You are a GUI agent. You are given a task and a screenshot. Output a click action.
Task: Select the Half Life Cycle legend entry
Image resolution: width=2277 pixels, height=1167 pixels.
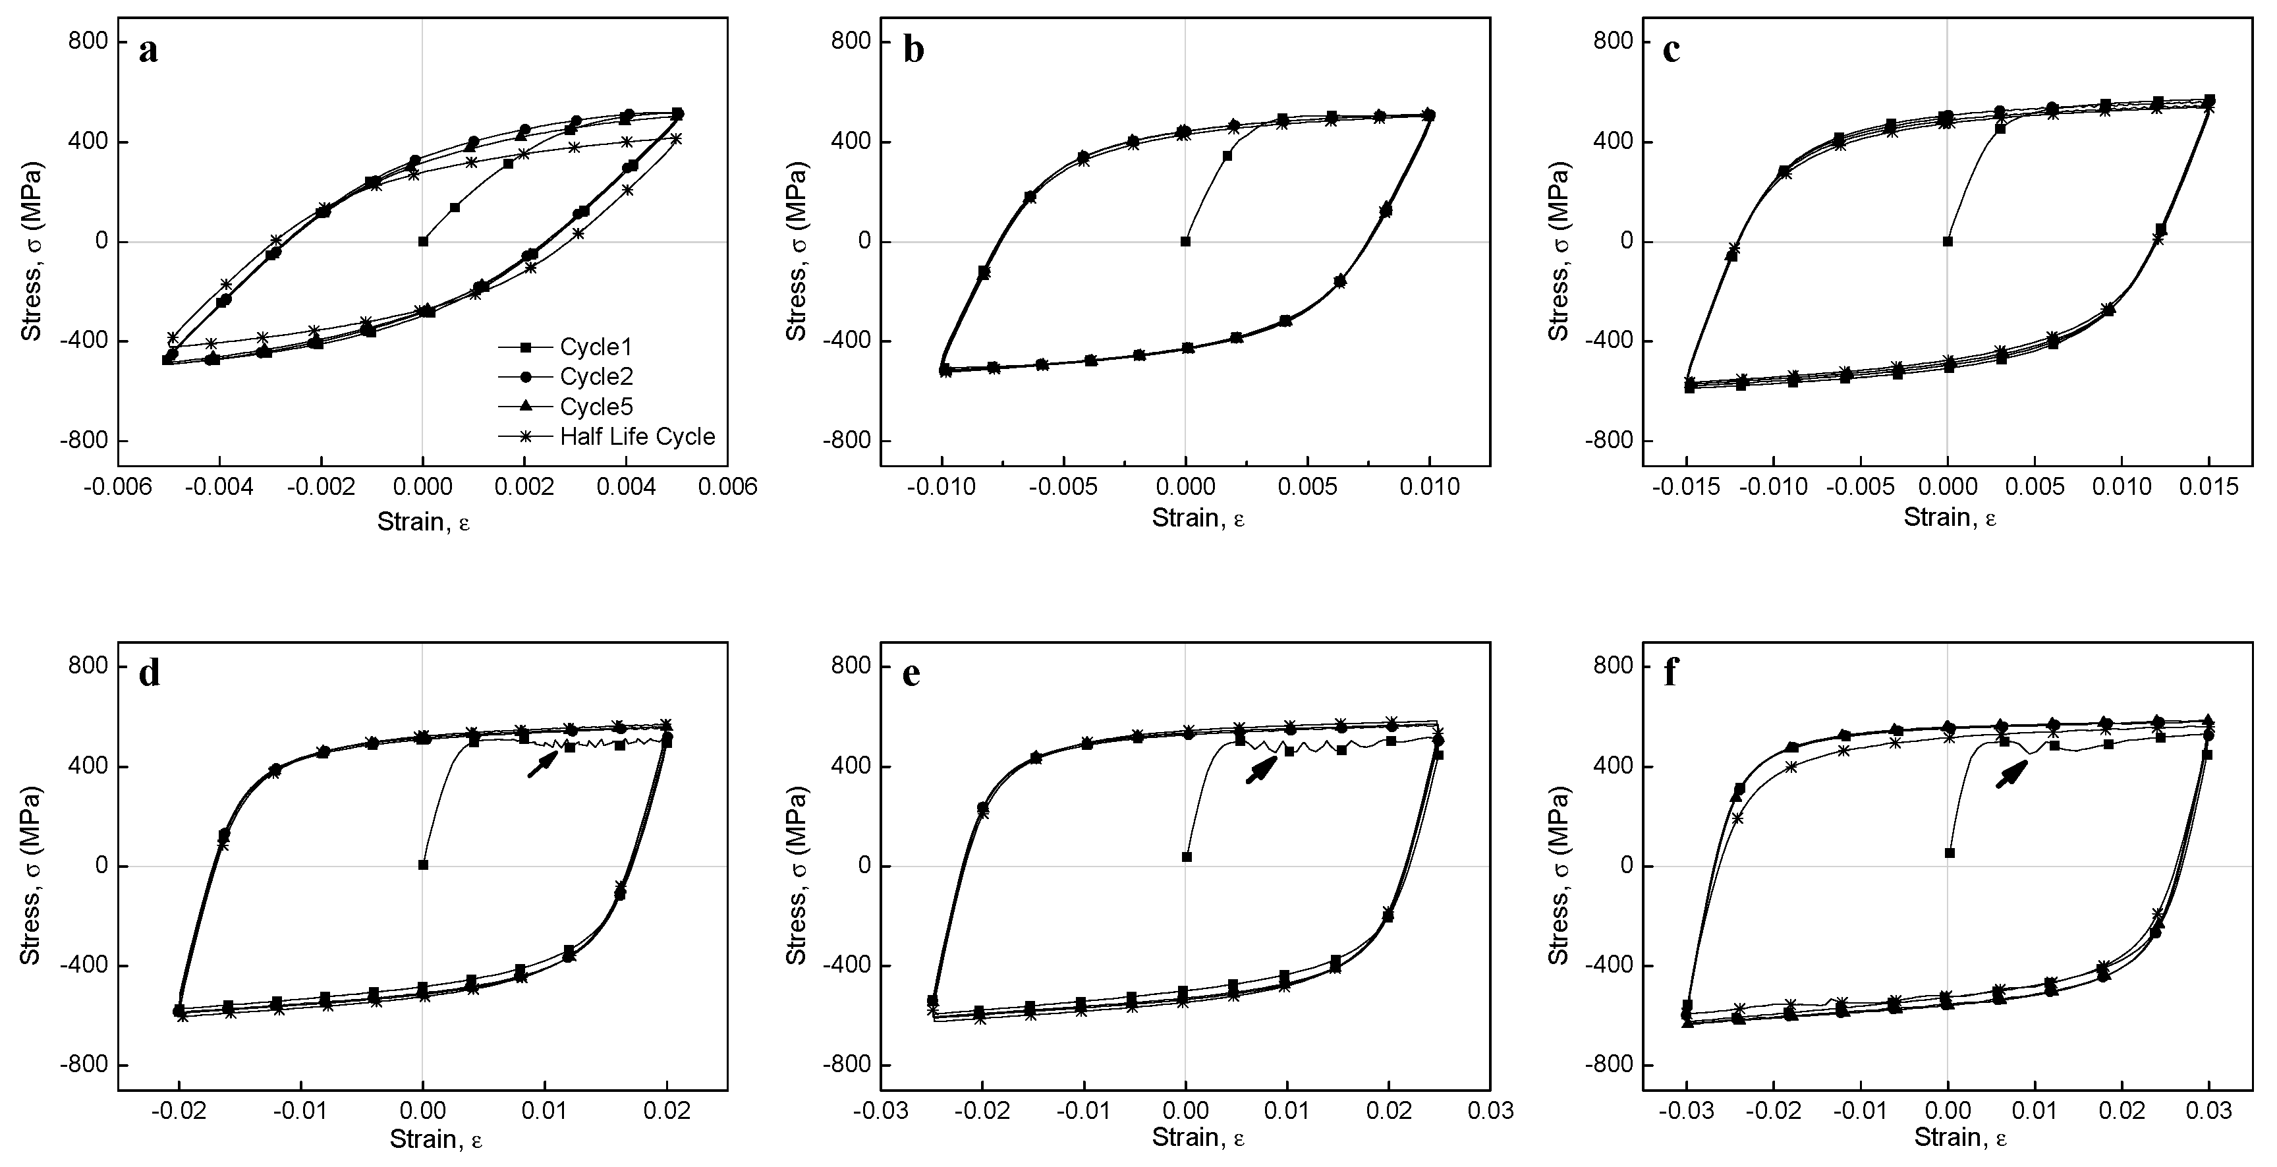click(x=636, y=437)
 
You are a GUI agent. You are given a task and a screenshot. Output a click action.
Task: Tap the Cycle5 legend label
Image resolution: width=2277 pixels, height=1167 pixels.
click(x=597, y=407)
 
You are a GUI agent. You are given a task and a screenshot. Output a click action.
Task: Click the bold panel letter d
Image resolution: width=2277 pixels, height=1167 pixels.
click(x=150, y=673)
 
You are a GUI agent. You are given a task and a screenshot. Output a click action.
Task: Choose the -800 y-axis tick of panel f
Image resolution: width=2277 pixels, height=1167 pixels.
click(x=1612, y=1066)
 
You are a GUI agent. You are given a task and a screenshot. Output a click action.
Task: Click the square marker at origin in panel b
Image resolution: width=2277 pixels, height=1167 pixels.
click(x=1185, y=241)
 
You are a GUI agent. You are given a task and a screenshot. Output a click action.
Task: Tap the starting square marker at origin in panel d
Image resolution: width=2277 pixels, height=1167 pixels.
click(x=424, y=865)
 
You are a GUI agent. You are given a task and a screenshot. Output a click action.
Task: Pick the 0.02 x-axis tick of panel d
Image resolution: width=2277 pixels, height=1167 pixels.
click(x=667, y=1110)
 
